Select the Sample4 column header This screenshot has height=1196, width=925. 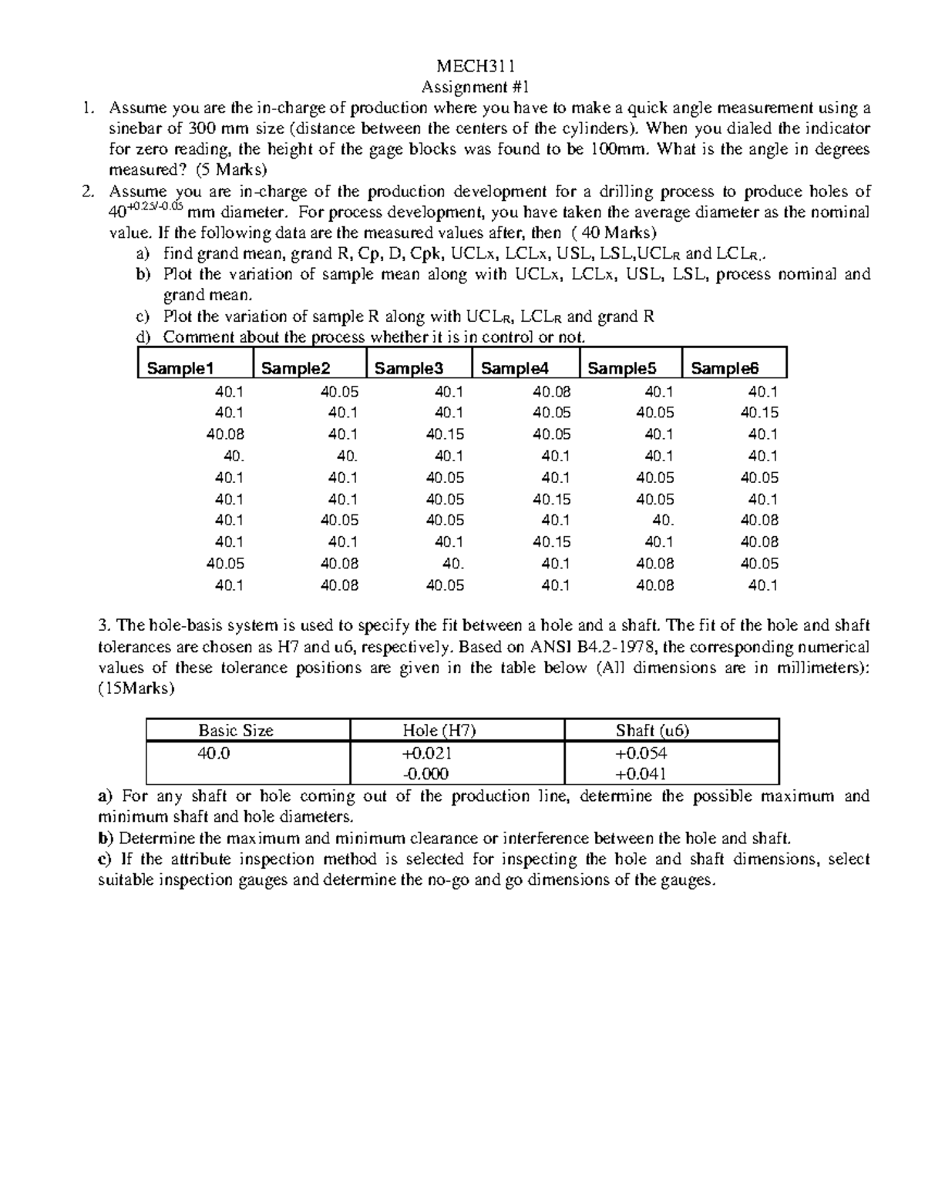click(514, 369)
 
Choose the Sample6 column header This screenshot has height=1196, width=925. click(725, 369)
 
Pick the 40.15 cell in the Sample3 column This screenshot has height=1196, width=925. click(446, 434)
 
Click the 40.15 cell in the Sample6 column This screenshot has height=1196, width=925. click(759, 413)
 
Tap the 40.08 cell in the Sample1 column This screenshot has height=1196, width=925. click(225, 434)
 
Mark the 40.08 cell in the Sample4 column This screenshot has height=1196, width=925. click(552, 391)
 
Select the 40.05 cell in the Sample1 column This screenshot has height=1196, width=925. click(225, 564)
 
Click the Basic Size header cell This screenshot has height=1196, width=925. click(236, 731)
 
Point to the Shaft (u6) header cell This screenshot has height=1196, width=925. click(652, 731)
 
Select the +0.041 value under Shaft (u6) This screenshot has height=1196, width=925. click(641, 774)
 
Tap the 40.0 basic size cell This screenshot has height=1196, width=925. click(214, 753)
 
